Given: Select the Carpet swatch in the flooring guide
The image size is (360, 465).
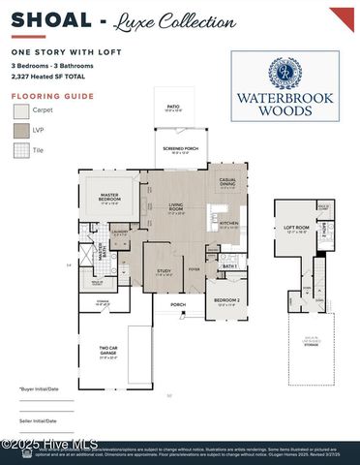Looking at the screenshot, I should click(x=20, y=111).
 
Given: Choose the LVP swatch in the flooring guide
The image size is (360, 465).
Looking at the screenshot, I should click(x=20, y=131).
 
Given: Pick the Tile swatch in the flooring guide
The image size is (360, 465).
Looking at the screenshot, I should click(x=20, y=150).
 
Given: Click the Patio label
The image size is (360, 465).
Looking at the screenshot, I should click(x=172, y=108).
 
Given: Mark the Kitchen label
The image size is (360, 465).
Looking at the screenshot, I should click(x=227, y=225).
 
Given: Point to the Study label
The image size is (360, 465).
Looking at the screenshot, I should click(x=164, y=274).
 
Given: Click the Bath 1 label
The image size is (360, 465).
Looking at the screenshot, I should click(x=229, y=266).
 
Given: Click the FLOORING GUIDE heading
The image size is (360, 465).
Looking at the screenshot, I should click(x=52, y=97).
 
